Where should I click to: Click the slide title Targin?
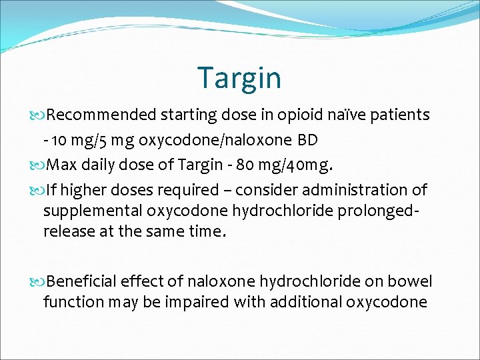[x=239, y=78]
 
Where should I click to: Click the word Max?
[x=63, y=165]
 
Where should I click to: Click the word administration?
[x=359, y=191]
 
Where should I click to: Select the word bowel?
[x=411, y=282]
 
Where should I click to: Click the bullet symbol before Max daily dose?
[x=41, y=165]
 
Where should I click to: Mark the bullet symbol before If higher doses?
[x=41, y=191]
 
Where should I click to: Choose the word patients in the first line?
[x=401, y=115]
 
